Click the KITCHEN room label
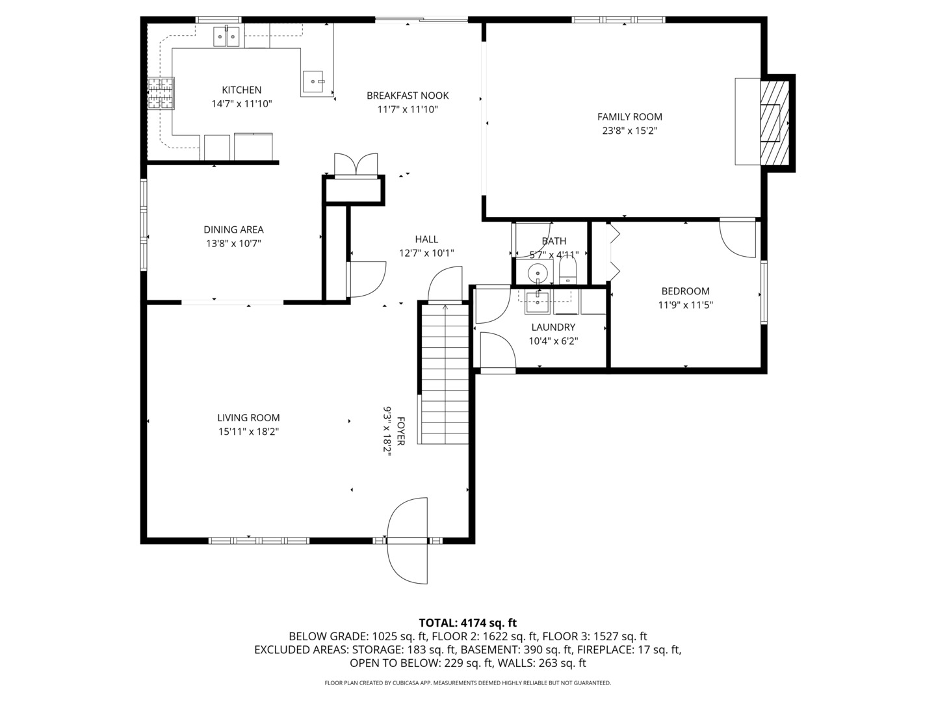(241, 90)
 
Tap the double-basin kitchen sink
(226, 37)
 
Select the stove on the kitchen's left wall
(161, 93)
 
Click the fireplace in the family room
(774, 121)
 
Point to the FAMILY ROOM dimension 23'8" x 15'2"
(629, 131)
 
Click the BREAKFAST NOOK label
(408, 96)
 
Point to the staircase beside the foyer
(445, 374)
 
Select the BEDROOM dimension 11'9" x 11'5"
(685, 305)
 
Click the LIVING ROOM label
(248, 418)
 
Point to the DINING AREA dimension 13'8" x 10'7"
(233, 244)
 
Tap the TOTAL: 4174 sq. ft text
(467, 623)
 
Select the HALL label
(426, 239)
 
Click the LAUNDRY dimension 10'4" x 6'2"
(552, 341)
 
